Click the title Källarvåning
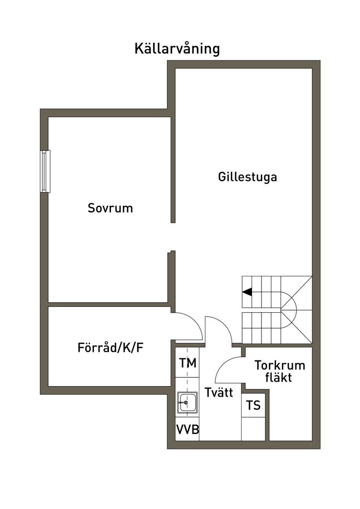pyautogui.click(x=177, y=49)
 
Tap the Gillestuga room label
pyautogui.click(x=247, y=177)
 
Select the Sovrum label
pyautogui.click(x=110, y=208)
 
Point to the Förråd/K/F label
pyautogui.click(x=110, y=347)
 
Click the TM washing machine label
pyautogui.click(x=187, y=363)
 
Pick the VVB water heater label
pyautogui.click(x=187, y=430)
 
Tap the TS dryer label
pyautogui.click(x=253, y=406)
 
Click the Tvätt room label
pyautogui.click(x=218, y=393)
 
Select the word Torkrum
pyautogui.click(x=279, y=366)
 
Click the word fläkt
pyautogui.click(x=278, y=378)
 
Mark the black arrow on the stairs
pyautogui.click(x=247, y=292)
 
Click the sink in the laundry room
pyautogui.click(x=187, y=401)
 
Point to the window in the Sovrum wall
pyautogui.click(x=46, y=171)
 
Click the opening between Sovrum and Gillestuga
pyautogui.click(x=172, y=237)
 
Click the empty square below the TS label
pyautogui.click(x=253, y=428)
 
